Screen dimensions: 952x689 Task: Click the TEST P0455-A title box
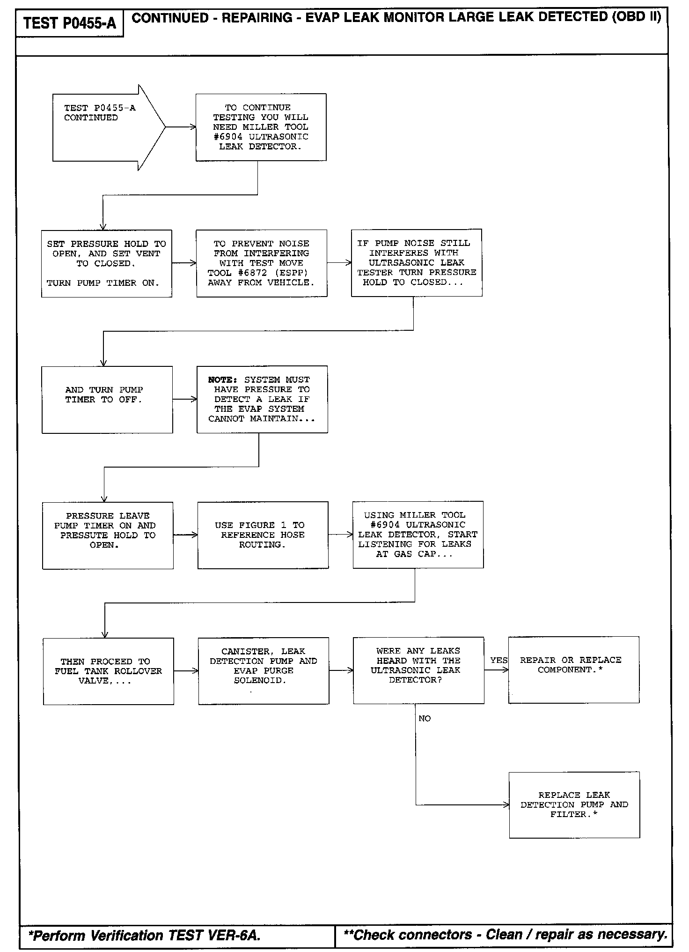(69, 23)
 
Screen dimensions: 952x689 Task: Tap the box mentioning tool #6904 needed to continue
(261, 127)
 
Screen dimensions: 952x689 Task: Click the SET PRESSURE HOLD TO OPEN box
(106, 263)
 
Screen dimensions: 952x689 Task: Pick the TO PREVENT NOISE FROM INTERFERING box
(261, 263)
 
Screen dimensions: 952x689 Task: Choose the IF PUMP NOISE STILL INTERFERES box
(417, 263)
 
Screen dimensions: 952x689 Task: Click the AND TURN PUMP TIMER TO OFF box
(107, 399)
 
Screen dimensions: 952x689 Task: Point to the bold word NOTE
(223, 379)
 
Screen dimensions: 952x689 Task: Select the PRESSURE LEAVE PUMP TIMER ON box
(108, 535)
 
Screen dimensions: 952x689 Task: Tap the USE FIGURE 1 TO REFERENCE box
(263, 535)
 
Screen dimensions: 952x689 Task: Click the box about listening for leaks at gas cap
(418, 535)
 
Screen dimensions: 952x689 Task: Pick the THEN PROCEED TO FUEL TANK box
(108, 671)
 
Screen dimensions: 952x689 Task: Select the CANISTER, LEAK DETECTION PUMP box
(264, 670)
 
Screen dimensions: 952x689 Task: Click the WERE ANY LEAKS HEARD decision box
(418, 670)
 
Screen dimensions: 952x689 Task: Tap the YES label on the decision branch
(498, 660)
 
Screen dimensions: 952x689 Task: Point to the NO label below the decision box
(425, 718)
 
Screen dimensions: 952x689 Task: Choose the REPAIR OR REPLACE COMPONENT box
(573, 669)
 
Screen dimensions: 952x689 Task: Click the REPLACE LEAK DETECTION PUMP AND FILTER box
(574, 805)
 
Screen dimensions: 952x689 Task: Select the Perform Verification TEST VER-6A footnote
(144, 936)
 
